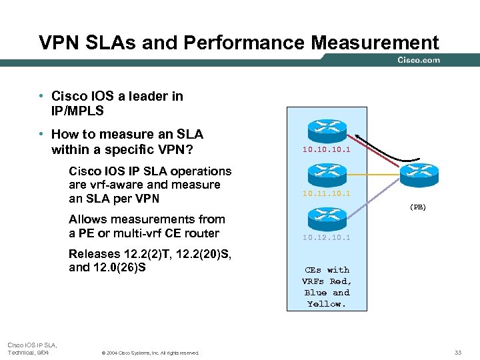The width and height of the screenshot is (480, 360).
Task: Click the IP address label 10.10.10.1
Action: (326, 150)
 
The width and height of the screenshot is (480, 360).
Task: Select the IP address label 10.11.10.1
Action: (326, 193)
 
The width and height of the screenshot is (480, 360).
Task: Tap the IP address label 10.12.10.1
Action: (326, 237)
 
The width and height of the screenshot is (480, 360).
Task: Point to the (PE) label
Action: (417, 207)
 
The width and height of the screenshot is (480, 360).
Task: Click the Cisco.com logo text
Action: (419, 60)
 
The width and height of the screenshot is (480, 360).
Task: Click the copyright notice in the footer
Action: (150, 353)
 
